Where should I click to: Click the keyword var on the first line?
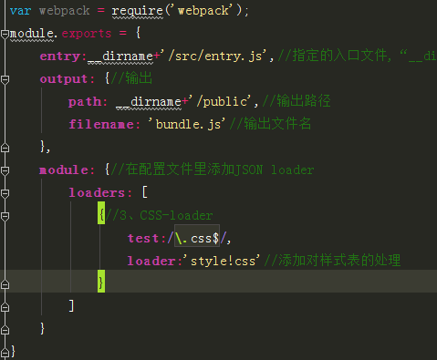pos(20,11)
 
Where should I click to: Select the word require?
pos(138,12)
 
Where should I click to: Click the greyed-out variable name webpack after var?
pos(65,11)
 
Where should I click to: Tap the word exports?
pos(87,34)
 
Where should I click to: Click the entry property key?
pos(59,57)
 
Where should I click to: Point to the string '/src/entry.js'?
pos(214,57)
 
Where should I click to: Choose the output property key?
pos(64,79)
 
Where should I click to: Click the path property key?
pos(84,102)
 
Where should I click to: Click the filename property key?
pos(101,125)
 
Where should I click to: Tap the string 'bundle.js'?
pos(187,124)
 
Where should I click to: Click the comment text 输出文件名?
pos(277,124)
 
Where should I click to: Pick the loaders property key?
pos(97,193)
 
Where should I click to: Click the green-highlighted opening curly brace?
pos(101,215)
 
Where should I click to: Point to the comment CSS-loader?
pos(176,215)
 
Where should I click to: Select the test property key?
pos(143,239)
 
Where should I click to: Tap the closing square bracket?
pos(71,305)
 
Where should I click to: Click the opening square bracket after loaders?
pos(145,192)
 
